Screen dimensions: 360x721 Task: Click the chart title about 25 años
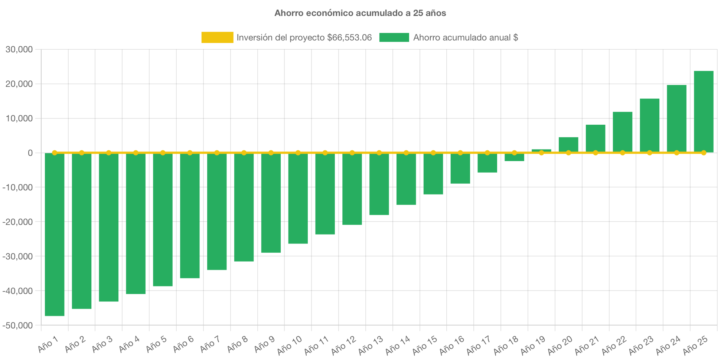360,13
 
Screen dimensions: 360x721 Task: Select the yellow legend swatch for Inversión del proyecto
217,37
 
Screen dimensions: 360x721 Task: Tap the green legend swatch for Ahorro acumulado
394,37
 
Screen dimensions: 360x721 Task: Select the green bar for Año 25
704,111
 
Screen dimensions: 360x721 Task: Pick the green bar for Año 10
298,198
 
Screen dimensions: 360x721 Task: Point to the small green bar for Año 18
514,157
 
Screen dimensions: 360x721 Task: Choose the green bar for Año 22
623,132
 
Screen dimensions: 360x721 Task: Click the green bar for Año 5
163,219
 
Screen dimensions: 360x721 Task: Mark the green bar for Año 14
406,179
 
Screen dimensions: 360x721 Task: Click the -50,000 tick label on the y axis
18,325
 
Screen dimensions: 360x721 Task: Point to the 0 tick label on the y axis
30,153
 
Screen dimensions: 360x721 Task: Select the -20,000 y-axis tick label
18,222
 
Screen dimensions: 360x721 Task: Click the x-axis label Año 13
370,346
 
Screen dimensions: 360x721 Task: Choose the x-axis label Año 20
559,346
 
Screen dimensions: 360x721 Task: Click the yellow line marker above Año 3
109,153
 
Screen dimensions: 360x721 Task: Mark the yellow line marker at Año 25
704,153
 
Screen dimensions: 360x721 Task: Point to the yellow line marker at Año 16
460,153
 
